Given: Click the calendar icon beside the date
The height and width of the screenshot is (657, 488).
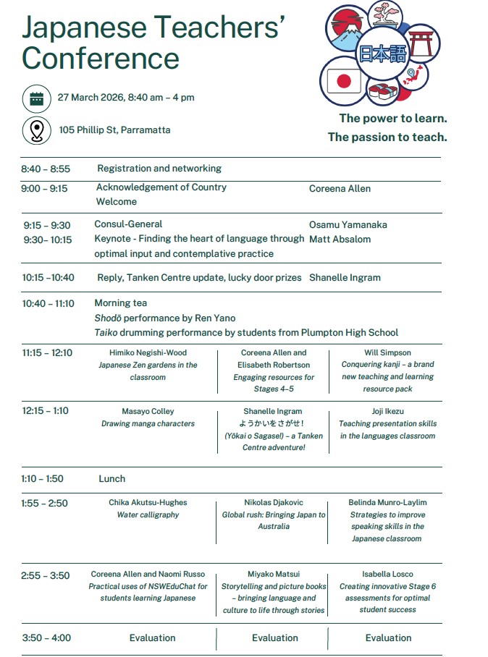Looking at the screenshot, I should [36, 98].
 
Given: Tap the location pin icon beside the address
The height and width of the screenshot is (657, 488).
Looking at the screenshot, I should [36, 131].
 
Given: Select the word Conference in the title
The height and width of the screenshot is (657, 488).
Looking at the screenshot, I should [101, 57].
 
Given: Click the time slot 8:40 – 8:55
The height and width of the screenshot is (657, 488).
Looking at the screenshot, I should [46, 169].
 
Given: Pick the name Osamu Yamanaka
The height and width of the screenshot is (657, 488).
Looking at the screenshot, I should [348, 225].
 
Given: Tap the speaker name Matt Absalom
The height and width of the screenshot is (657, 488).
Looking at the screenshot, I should [340, 240].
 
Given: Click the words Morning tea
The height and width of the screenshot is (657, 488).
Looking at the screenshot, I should [120, 303].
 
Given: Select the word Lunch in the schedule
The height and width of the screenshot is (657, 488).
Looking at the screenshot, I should [112, 479].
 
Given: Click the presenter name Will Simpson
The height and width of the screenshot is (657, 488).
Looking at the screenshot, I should [387, 353].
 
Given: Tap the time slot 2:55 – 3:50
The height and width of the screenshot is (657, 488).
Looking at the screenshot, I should [46, 576].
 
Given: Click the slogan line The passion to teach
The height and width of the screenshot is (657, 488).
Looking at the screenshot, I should [387, 137].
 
